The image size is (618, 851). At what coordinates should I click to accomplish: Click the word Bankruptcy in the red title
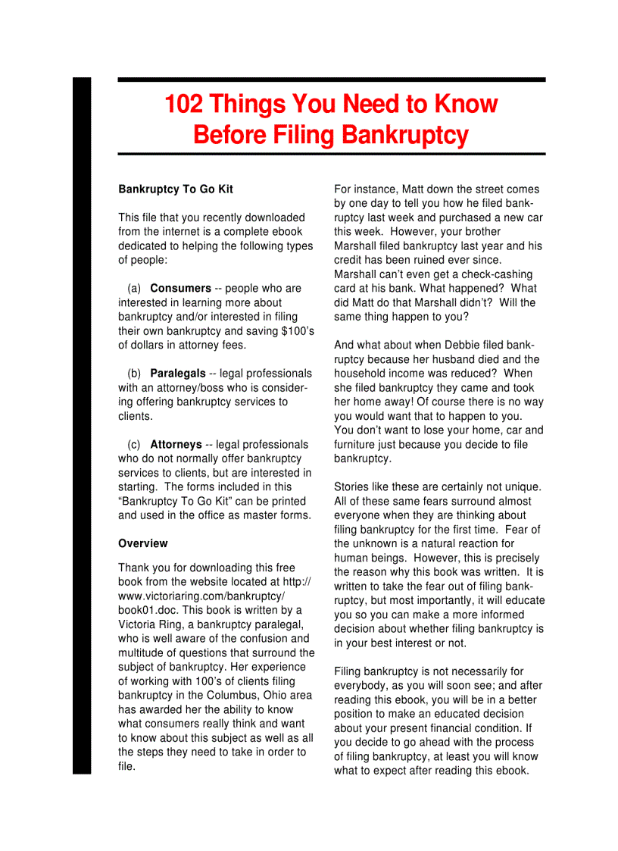pos(404,135)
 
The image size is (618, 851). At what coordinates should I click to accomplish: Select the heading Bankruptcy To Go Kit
pos(176,189)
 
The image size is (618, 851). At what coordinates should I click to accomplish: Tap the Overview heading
pos(143,543)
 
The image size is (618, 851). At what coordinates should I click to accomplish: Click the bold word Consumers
pos(180,288)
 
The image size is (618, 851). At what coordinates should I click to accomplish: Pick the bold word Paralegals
pos(177,374)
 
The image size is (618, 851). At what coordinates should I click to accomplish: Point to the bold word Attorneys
pos(176,445)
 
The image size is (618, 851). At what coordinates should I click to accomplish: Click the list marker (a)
pos(134,288)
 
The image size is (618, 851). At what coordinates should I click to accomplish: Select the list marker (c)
pos(134,445)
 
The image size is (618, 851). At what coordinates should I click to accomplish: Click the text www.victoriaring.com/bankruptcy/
pos(201,596)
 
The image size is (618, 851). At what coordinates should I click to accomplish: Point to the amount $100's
pos(295,331)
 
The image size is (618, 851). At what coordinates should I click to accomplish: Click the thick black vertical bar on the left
pos(82,424)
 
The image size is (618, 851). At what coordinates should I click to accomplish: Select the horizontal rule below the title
pos(331,154)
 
